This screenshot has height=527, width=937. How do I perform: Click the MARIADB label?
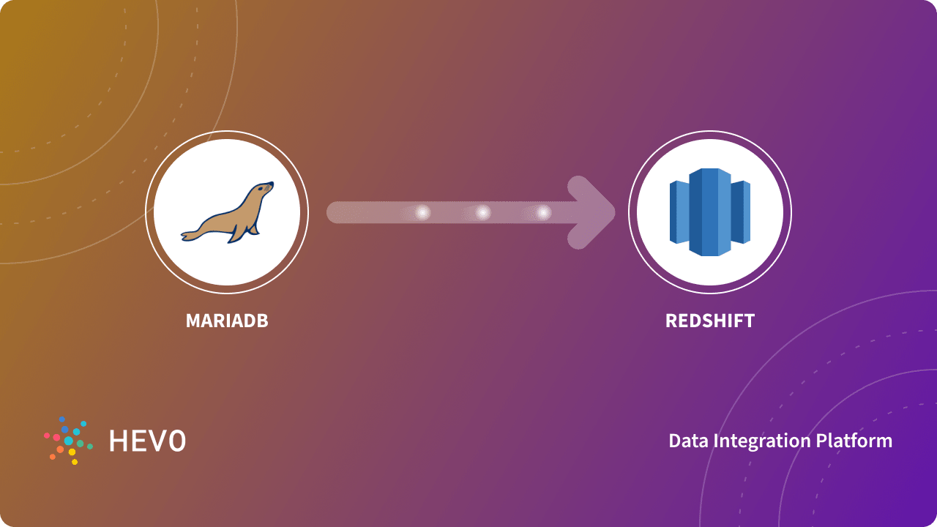[227, 321]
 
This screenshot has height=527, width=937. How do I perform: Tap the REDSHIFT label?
[709, 321]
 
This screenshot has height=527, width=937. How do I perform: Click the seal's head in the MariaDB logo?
[263, 190]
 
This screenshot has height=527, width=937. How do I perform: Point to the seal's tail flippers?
[191, 235]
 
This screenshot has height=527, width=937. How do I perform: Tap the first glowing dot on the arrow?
[422, 212]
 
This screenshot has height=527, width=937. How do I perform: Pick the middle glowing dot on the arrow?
[482, 212]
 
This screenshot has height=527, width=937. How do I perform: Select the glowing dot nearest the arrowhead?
[542, 212]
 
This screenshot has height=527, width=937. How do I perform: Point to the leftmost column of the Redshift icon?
[679, 212]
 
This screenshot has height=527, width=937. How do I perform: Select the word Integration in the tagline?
[761, 441]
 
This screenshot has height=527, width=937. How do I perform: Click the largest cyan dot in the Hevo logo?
[69, 441]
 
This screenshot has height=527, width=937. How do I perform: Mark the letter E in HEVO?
[138, 441]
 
